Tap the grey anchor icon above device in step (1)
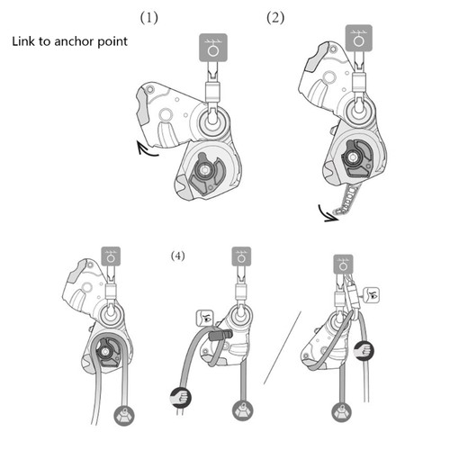pos(211,47)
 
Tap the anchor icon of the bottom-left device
pos(111,257)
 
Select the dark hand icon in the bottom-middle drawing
pos(177,394)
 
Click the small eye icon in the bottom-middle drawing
pos(202,319)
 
